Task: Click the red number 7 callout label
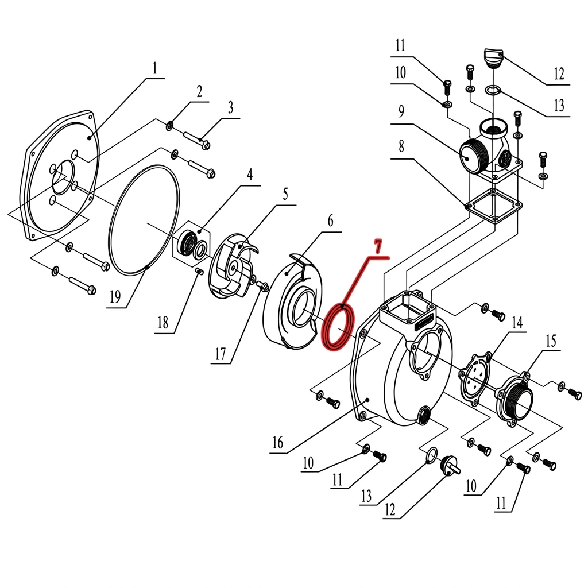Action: click(x=378, y=247)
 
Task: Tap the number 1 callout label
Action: click(x=155, y=68)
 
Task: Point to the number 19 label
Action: click(x=115, y=297)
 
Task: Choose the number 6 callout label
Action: click(x=330, y=221)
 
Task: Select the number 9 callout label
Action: click(x=401, y=111)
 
